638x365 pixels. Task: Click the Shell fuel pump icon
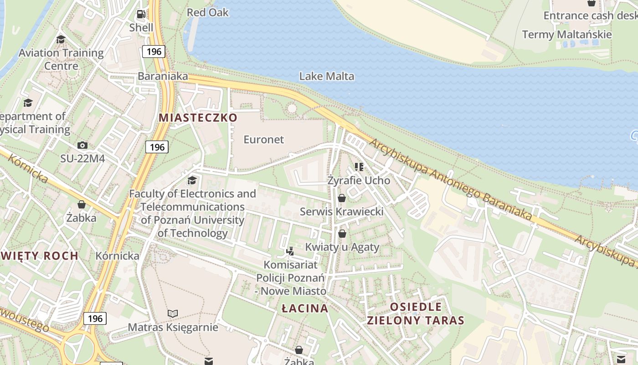141,15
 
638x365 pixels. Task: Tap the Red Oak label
208,12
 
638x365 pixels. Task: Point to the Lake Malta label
326,76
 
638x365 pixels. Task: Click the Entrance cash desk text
590,16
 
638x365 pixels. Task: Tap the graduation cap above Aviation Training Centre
61,40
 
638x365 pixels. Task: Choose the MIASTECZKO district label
198,118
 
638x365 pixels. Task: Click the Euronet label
263,140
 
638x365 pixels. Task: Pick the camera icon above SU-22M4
82,146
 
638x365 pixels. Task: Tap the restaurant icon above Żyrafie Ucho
359,167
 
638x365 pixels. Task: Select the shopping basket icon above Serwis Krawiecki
342,198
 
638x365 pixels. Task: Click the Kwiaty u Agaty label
342,247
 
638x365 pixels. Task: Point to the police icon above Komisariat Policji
290,251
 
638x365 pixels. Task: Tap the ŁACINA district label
305,308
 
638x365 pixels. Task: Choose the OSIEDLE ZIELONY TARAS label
416,313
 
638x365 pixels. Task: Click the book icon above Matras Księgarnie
172,313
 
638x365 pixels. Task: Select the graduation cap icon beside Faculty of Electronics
192,180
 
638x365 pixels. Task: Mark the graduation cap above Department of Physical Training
28,103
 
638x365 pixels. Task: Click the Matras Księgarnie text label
173,327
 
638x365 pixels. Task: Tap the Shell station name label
141,28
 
